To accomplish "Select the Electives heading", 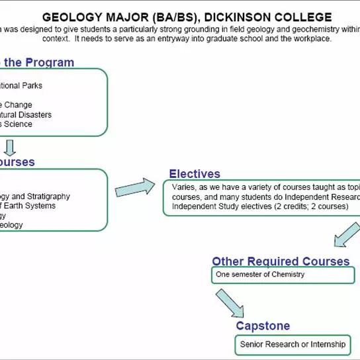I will pyautogui.click(x=195, y=174).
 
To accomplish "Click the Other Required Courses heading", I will pyautogui.click(x=281, y=261).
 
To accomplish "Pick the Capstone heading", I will pyautogui.click(x=263, y=326).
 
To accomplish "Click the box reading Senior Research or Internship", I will pyautogui.click(x=292, y=344).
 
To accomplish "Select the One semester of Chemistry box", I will pyautogui.click(x=283, y=275).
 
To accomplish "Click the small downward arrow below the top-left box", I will pyautogui.click(x=11, y=147).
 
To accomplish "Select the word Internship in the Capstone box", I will pyautogui.click(x=325, y=344).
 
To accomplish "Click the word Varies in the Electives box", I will pyautogui.click(x=185, y=187).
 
